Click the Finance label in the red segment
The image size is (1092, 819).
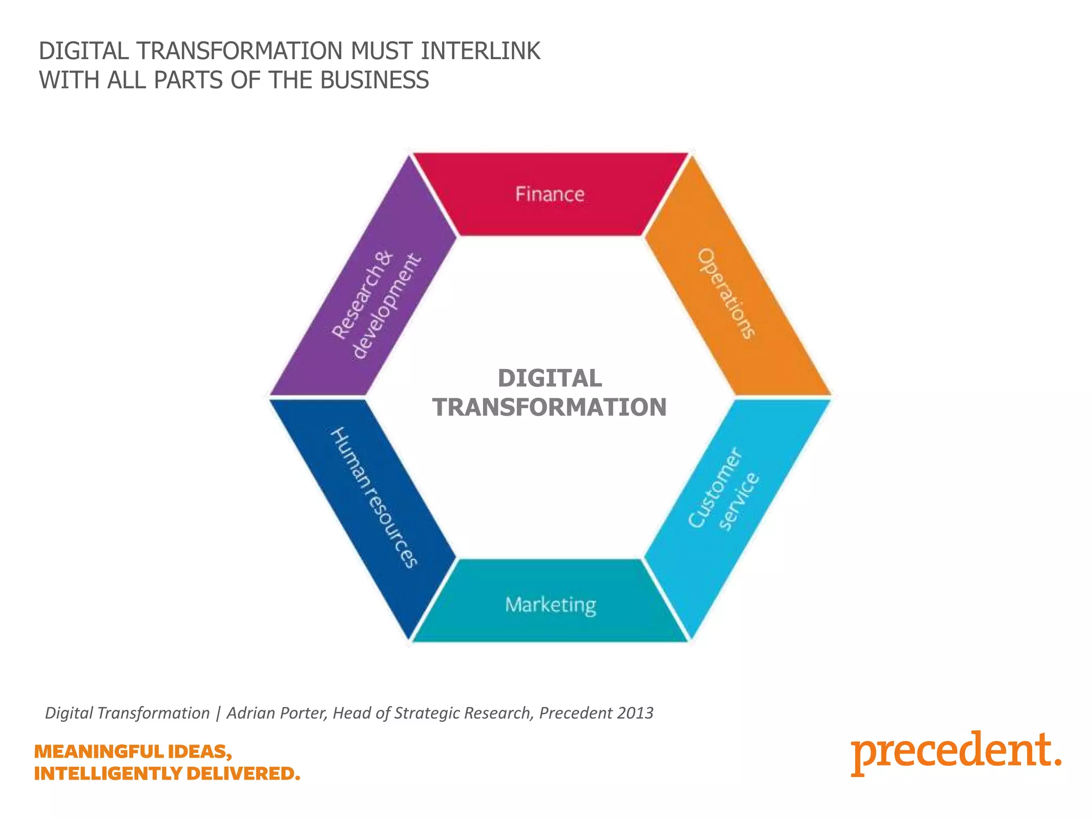pyautogui.click(x=550, y=194)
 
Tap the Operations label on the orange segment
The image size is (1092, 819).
pyautogui.click(x=727, y=294)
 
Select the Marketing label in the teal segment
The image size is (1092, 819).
pyautogui.click(x=550, y=605)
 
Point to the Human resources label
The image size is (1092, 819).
pyautogui.click(x=374, y=497)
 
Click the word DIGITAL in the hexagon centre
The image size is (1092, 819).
pyautogui.click(x=550, y=379)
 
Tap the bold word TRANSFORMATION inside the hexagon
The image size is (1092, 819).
pyautogui.click(x=550, y=407)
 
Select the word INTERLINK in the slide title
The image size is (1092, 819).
pyautogui.click(x=480, y=52)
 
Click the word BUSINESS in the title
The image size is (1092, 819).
pyautogui.click(x=374, y=81)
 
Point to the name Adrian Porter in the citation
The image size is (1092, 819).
pyautogui.click(x=276, y=713)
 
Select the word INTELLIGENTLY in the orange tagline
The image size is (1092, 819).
pyautogui.click(x=108, y=773)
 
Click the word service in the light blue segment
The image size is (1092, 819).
pyautogui.click(x=739, y=501)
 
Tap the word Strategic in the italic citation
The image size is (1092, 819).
pyautogui.click(x=427, y=713)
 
